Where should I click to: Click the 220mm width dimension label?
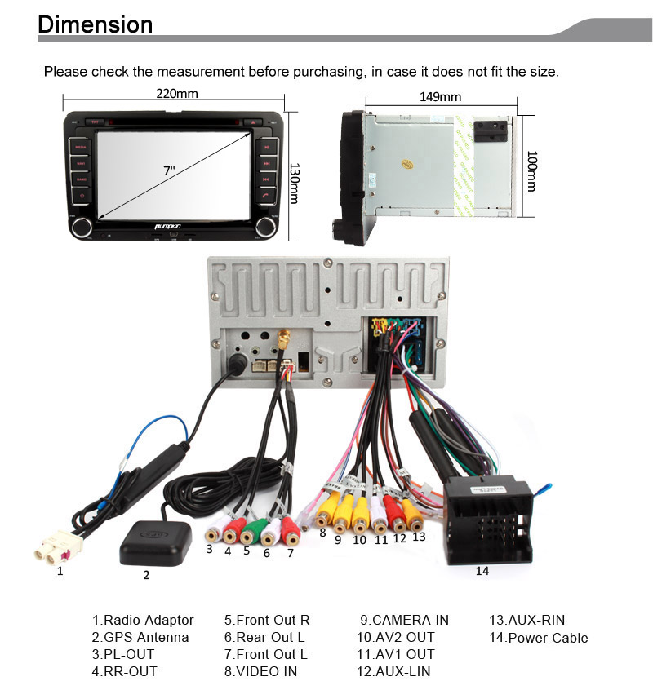tap(177, 93)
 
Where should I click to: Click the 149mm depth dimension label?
tap(440, 96)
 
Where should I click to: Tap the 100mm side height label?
tap(531, 171)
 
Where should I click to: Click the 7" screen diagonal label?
tap(169, 170)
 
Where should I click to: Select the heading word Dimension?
tap(96, 24)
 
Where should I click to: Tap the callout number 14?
tap(482, 571)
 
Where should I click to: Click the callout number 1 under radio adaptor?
tap(60, 572)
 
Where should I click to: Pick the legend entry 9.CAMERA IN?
tap(404, 620)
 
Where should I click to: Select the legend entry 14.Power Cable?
tap(538, 638)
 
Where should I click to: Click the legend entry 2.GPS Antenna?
tap(140, 637)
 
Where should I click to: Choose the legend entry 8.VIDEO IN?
tap(261, 672)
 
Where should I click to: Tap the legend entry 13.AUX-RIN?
tap(526, 620)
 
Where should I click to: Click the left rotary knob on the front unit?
tap(82, 228)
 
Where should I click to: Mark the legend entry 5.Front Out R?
tap(267, 620)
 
